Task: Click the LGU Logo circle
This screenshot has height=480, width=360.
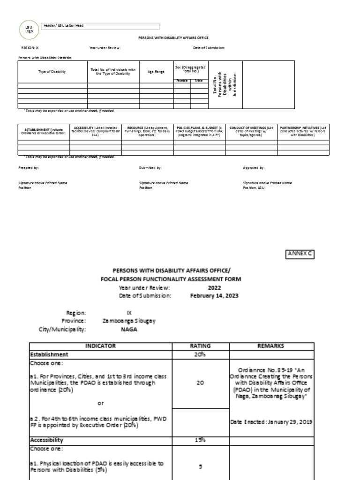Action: point(28,30)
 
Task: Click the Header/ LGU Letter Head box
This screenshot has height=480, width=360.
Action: point(100,26)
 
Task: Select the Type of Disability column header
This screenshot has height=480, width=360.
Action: point(52,72)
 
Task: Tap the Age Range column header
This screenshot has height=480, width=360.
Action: point(156,72)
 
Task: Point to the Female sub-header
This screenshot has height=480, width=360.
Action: point(181,81)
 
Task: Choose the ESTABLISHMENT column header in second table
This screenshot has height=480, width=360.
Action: point(43,131)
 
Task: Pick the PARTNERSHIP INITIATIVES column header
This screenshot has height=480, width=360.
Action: point(303,131)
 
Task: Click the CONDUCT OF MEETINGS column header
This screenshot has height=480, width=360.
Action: point(251,131)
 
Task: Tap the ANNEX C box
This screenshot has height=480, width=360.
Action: point(299,254)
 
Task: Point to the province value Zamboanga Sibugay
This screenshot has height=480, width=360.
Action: point(129,321)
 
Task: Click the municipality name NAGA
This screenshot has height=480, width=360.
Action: point(128,330)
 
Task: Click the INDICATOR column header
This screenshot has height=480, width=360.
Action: point(100,346)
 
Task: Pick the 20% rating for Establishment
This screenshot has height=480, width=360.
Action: point(200,354)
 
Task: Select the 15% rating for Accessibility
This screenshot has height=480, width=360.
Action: point(200,440)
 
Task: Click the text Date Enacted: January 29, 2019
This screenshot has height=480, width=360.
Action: point(271,422)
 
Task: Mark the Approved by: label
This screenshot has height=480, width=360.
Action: point(254,167)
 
